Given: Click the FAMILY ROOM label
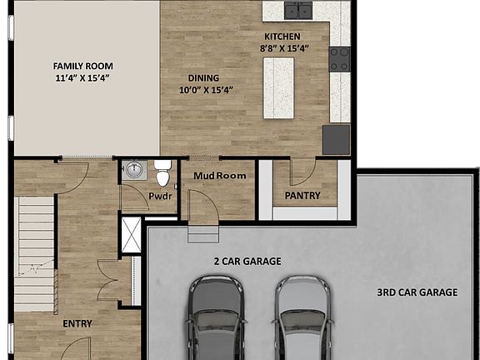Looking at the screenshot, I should (x=83, y=66).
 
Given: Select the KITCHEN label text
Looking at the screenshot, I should (x=282, y=37).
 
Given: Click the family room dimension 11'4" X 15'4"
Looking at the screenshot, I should (x=82, y=77).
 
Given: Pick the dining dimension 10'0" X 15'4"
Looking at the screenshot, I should (x=206, y=90).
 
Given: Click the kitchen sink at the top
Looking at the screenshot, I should (x=297, y=10).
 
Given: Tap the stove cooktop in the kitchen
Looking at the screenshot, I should (x=339, y=58).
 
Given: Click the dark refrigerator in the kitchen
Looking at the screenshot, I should (x=336, y=139).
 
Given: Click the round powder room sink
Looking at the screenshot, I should (x=133, y=171).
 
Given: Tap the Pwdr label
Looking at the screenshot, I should (x=160, y=197).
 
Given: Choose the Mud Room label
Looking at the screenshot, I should (x=220, y=176).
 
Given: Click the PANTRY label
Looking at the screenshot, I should (x=302, y=197).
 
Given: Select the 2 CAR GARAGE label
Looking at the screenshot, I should (x=247, y=261).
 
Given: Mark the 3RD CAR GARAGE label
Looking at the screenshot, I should (x=417, y=292).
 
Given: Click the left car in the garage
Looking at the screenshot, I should (x=216, y=319).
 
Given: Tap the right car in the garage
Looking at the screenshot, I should (x=302, y=319).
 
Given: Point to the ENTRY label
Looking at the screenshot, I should (x=77, y=323).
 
